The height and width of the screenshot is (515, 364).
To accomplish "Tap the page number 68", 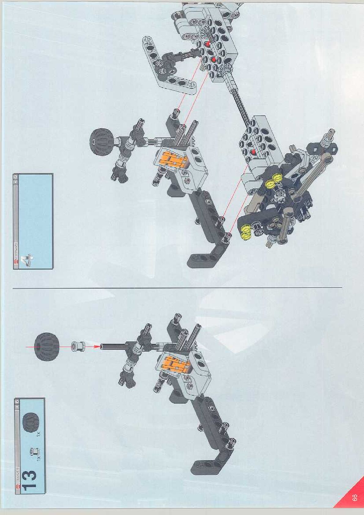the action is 355,497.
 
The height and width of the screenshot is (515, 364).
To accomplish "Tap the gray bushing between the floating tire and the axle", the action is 77,346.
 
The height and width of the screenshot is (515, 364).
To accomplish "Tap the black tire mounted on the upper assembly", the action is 101,140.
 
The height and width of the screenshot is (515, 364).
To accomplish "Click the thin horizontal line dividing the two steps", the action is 177,288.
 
